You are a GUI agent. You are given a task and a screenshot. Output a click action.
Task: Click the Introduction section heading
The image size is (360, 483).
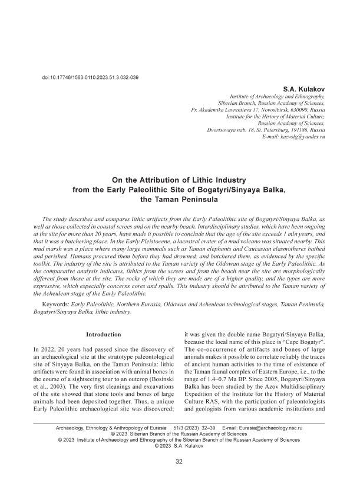pos(104,335)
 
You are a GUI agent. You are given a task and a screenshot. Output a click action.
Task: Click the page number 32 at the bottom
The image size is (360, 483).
pos(180,461)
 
